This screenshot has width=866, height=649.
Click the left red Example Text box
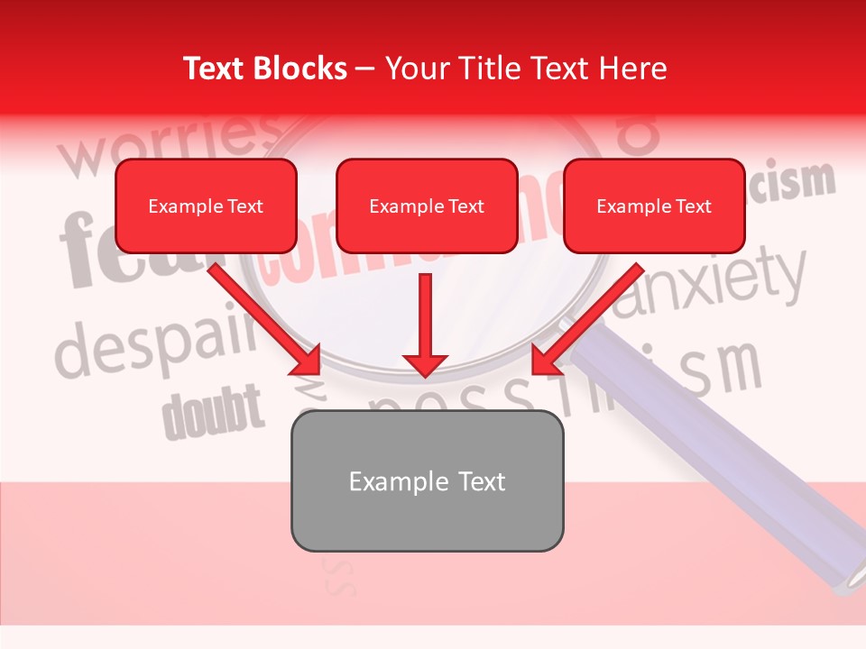click(x=206, y=206)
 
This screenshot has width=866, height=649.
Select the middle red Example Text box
click(x=427, y=206)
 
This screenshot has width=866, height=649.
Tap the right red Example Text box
click(x=654, y=206)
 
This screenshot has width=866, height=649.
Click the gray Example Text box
click(x=427, y=480)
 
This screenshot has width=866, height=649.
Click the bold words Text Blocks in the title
click(x=264, y=69)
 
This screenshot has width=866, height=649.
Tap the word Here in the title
click(x=635, y=69)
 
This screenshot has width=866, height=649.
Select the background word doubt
click(x=213, y=410)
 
